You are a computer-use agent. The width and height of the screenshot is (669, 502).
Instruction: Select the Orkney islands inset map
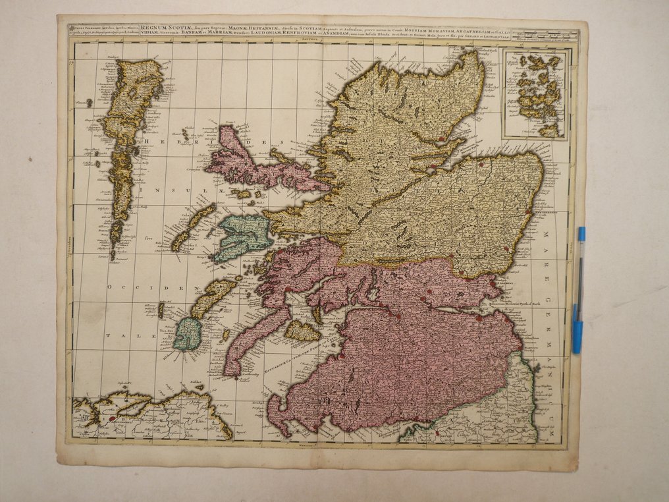click(x=535, y=94)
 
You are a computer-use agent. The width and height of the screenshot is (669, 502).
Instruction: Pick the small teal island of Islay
click(x=187, y=334)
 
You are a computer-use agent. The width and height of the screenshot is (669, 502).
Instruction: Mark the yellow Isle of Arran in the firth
click(x=302, y=331)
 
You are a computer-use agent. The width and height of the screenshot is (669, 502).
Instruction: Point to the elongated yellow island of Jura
click(x=212, y=297)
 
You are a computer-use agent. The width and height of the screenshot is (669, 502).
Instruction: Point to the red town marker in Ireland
click(x=112, y=418)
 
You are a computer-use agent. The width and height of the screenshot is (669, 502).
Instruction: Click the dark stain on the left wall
click(x=30, y=159)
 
